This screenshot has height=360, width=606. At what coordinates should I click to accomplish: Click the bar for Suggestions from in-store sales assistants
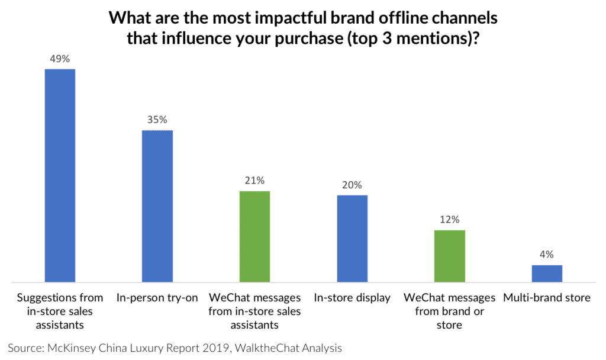click(x=60, y=175)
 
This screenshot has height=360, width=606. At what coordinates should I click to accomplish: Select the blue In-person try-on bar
click(x=157, y=206)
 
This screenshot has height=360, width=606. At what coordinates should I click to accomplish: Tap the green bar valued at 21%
click(x=254, y=236)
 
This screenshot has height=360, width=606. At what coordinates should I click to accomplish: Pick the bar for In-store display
click(x=352, y=238)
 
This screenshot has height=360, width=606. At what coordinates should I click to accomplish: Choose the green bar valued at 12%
click(x=450, y=256)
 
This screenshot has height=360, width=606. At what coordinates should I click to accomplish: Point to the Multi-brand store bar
click(x=547, y=273)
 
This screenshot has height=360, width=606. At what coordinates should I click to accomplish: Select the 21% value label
click(x=254, y=180)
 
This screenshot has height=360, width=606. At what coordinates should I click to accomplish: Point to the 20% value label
click(x=352, y=184)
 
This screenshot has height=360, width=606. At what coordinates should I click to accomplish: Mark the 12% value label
click(x=450, y=219)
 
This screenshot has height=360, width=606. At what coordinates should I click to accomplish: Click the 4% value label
click(x=547, y=254)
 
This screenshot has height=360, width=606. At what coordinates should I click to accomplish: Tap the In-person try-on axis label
click(x=157, y=298)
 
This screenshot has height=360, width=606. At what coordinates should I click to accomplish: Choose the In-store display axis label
click(x=352, y=298)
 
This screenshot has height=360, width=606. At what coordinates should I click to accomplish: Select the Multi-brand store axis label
click(x=547, y=298)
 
